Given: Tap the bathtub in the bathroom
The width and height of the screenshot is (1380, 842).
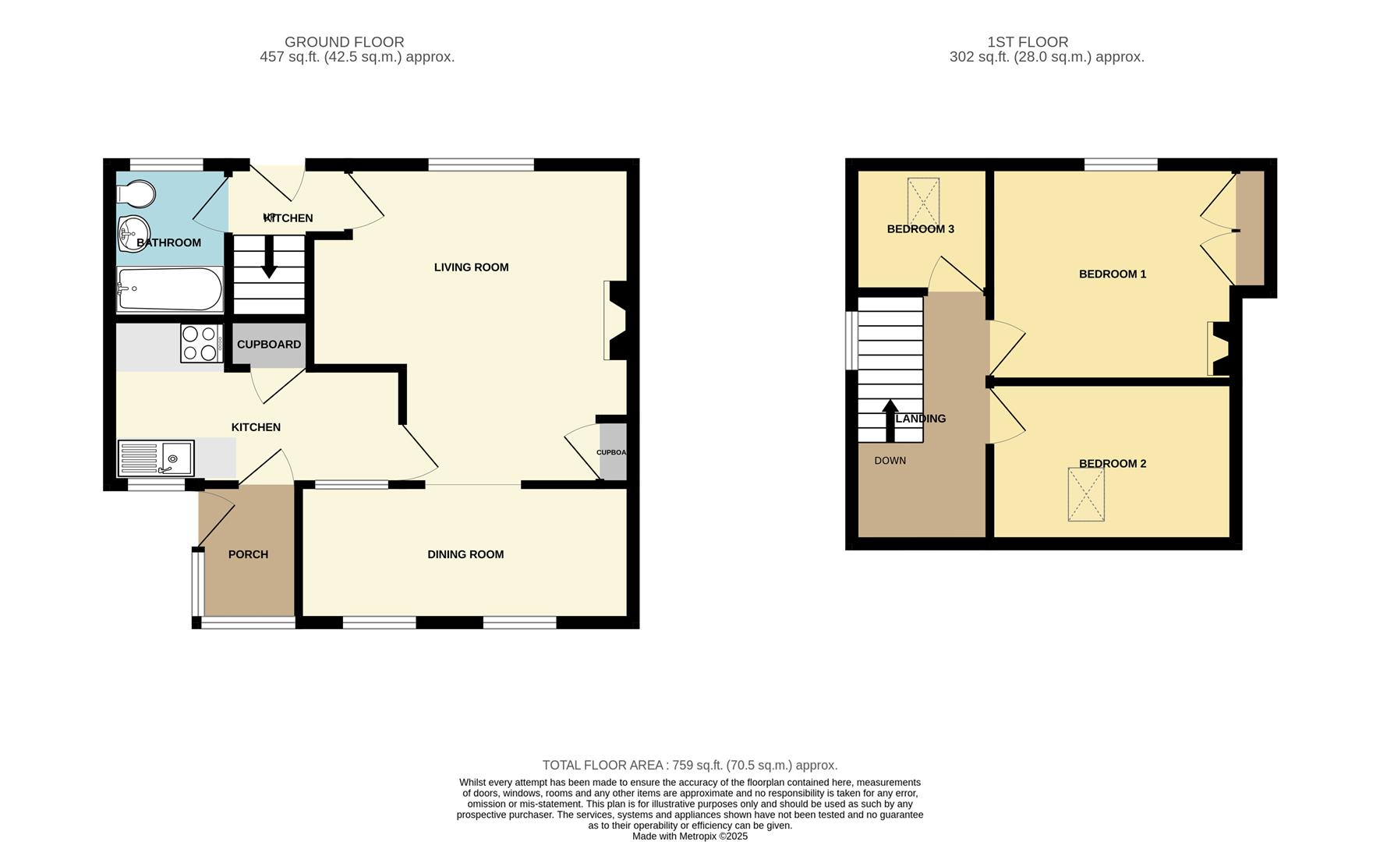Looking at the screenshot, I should pos(170,289).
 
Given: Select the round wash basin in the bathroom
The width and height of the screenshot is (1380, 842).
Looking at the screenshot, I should pos(134,231).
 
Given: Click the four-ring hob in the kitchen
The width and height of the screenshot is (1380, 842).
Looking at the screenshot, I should pos(200,343).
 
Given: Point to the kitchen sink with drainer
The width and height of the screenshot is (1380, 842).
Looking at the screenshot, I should pos(156,458).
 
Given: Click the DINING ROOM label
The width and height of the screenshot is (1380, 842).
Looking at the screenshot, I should pos(465,554).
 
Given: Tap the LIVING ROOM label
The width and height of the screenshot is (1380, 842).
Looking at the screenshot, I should pos(471,267).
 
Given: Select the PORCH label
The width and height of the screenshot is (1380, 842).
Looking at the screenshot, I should pos(248,554).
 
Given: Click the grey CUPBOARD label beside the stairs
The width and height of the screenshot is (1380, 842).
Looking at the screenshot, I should pos(269,344).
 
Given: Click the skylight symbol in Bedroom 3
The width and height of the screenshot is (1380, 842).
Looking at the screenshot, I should pos(922,200).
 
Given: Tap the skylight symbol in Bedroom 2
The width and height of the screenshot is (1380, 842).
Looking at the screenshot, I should pos(1086,494).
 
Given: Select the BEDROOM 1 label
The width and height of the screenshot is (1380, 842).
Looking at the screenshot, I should pos(1112,274).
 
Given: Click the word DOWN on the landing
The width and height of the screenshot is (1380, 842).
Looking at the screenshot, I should pos(890,461).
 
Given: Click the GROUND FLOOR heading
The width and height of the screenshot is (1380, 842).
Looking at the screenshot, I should pos(344,42).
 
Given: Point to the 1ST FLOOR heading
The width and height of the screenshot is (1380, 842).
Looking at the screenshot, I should pos(1027,42).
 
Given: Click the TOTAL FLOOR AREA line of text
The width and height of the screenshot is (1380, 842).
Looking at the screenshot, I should pos(689,766).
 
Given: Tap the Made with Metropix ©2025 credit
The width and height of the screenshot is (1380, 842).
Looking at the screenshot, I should pos(689,837).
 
